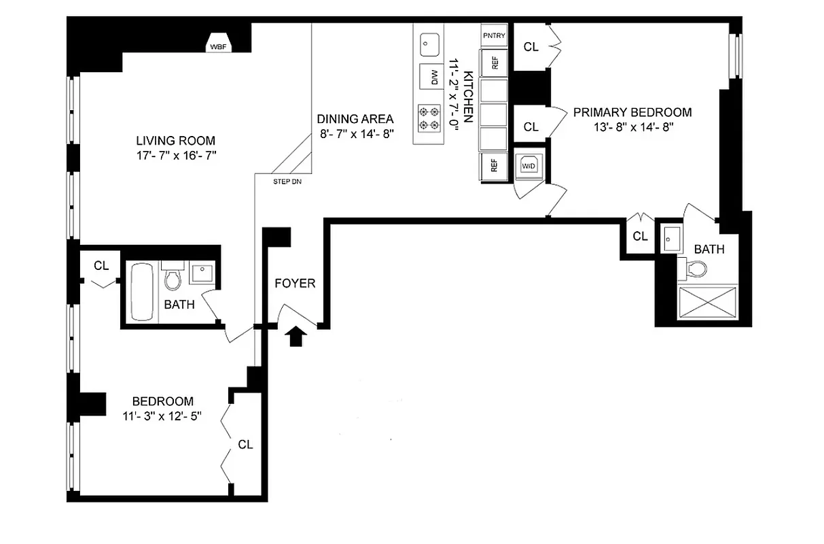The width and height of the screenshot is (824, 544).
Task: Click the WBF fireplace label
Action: pos(219,47)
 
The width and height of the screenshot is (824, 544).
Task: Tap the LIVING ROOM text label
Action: pos(176,141)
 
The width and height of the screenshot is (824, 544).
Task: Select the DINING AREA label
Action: pos(355,119)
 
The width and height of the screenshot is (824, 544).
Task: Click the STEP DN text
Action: pos(287,182)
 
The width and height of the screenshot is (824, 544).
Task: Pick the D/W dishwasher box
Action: pos(429,78)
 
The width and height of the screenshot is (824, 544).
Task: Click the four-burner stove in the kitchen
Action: pos(428,118)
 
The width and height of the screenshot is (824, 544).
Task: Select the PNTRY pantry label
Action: pos(494,35)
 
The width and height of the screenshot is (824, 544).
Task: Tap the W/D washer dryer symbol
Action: pos(529,165)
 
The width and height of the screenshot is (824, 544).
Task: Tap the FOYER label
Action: pos(295,283)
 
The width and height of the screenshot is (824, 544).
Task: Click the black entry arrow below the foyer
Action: pos(295,336)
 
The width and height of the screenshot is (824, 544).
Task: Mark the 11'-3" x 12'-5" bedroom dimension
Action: pos(162,415)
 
